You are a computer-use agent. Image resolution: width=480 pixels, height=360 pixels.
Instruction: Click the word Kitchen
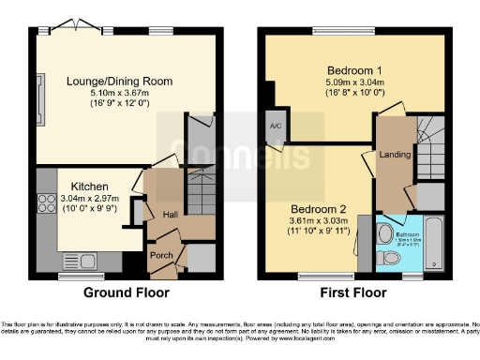(x=82, y=187)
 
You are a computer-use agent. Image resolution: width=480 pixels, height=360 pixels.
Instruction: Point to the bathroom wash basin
(x=384, y=230)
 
